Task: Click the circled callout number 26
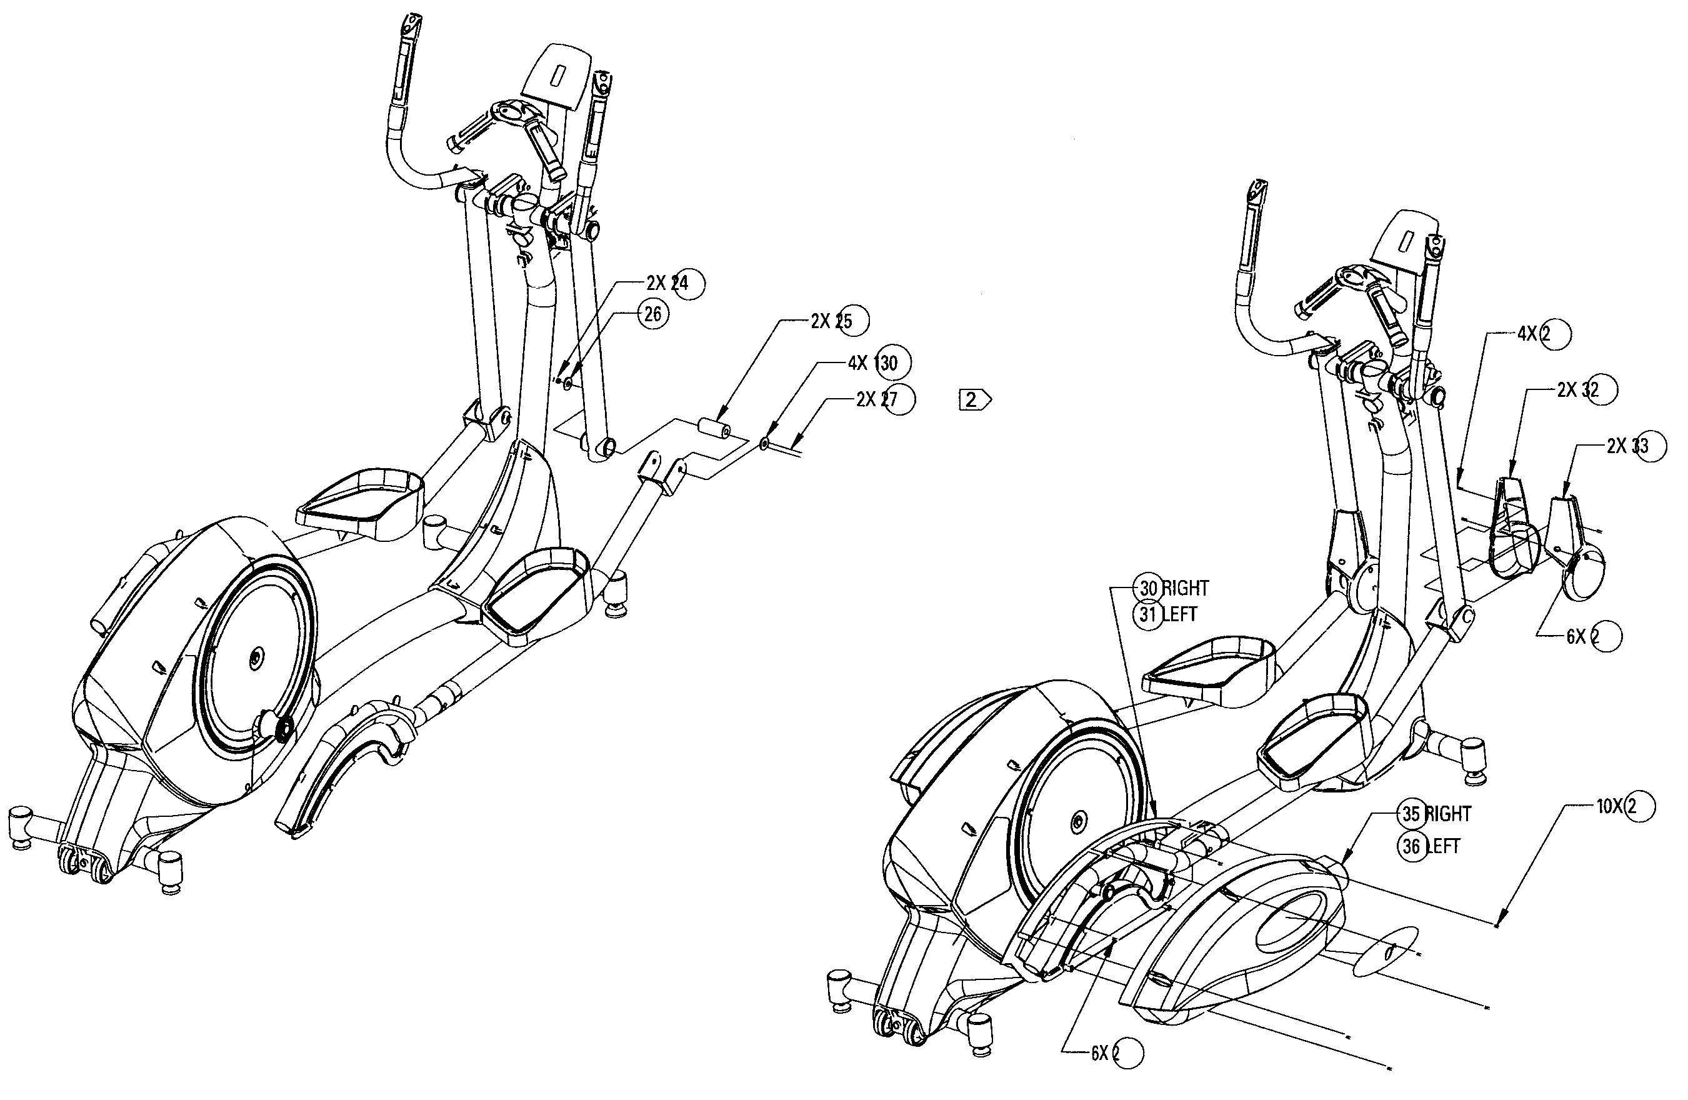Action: (652, 314)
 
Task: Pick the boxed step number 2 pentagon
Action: (974, 400)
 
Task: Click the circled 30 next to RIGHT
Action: (1149, 588)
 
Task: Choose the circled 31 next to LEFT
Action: (1149, 614)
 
